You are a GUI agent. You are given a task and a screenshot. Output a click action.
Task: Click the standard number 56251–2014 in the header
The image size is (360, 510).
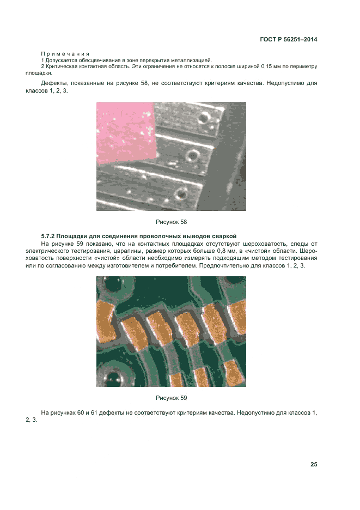[301, 39]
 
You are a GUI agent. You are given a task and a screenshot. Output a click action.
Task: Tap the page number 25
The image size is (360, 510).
[314, 464]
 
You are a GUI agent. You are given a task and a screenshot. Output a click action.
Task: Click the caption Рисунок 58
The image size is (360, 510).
[172, 222]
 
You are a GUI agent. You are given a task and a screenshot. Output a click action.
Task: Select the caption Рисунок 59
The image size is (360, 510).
[172, 398]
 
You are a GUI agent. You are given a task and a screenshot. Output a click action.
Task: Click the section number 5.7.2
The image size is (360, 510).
[47, 236]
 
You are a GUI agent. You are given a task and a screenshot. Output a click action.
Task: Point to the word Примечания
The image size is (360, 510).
[65, 54]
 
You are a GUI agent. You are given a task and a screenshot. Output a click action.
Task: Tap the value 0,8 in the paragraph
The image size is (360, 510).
[221, 251]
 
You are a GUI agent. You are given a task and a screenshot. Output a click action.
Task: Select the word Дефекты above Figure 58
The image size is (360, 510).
[54, 83]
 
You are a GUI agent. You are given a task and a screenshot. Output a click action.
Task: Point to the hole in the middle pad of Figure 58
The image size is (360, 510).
[192, 156]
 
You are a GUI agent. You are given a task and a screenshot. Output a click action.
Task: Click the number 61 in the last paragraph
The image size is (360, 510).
[94, 413]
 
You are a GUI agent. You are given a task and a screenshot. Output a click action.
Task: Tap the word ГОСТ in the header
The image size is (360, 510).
[267, 39]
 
